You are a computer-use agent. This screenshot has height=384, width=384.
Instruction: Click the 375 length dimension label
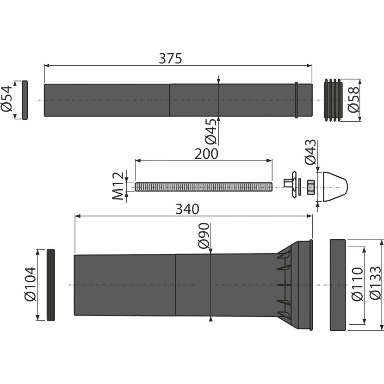tap(170, 59)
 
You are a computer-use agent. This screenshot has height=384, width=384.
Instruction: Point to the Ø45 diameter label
tap(211, 131)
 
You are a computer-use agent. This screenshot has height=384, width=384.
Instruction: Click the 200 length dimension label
tap(206, 154)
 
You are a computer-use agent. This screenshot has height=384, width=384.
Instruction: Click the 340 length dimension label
tap(187, 210)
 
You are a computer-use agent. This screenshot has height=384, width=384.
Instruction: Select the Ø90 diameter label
tap(204, 235)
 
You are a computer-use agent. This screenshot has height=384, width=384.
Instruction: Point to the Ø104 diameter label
tap(30, 284)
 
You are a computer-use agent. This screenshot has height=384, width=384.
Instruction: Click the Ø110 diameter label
tap(357, 284)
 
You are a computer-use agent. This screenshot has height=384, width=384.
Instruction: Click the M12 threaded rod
tap(204, 187)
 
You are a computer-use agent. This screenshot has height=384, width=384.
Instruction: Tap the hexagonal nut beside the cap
tap(310, 187)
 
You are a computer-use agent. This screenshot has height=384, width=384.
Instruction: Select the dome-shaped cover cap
tap(335, 187)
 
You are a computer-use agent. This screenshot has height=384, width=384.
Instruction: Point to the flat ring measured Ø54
tap(25, 100)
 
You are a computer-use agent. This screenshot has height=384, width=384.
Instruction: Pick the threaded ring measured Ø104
tap(51, 285)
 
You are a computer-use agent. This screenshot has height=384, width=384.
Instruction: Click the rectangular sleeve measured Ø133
tap(338, 285)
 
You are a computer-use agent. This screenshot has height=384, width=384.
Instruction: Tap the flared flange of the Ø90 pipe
tap(295, 285)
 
